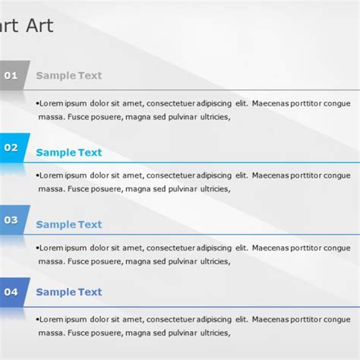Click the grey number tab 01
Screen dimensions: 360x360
[11, 75]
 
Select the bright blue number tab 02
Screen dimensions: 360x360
[11, 147]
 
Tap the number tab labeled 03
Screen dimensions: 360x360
[11, 219]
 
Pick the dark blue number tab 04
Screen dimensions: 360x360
[11, 291]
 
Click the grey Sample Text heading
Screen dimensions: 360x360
[68, 75]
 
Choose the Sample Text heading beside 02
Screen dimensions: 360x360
[68, 153]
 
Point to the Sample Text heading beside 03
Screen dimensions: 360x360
[68, 224]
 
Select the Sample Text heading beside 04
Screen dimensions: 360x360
[68, 292]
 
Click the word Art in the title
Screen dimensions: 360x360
[39, 27]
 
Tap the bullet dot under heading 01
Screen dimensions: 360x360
[37, 103]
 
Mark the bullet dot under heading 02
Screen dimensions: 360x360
[37, 175]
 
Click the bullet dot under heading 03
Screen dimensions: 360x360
[37, 248]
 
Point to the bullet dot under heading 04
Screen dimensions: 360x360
[37, 319]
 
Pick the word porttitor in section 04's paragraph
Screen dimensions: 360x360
[311, 319]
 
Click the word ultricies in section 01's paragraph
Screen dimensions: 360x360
[210, 117]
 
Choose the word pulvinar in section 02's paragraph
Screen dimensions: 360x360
[172, 189]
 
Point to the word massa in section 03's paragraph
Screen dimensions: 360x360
[50, 261]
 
